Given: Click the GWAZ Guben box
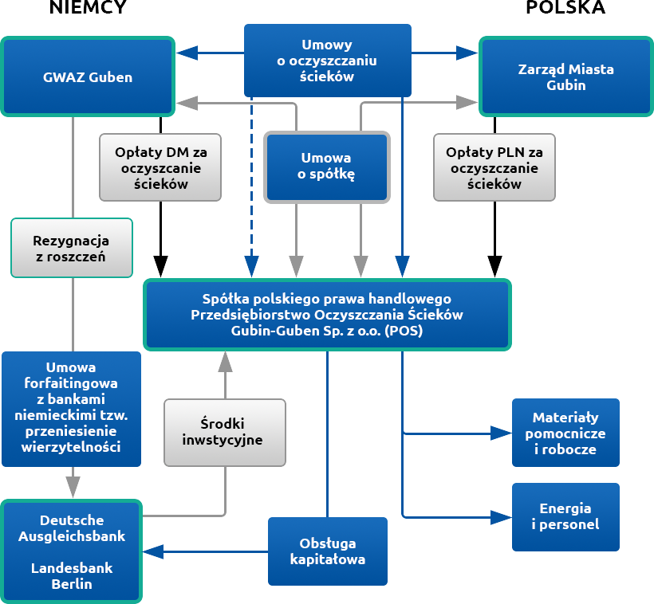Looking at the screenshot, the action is pyautogui.click(x=88, y=76).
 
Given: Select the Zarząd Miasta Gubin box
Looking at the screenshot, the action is pyautogui.click(x=566, y=76).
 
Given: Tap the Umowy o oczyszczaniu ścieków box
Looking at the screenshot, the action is pyautogui.click(x=328, y=61).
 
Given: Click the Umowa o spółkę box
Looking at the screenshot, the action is pyautogui.click(x=327, y=167).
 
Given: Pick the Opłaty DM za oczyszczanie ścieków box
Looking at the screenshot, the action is pyautogui.click(x=160, y=167).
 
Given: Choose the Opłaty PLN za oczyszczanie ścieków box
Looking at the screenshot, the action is pyautogui.click(x=494, y=167).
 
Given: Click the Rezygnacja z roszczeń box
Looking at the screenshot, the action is pyautogui.click(x=71, y=248).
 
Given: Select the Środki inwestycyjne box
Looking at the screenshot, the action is pyautogui.click(x=225, y=433).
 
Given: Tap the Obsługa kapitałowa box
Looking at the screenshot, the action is pyautogui.click(x=328, y=551).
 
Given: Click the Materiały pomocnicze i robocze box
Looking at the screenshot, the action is pyautogui.click(x=565, y=433).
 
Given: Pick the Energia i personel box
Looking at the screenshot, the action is pyautogui.click(x=565, y=517).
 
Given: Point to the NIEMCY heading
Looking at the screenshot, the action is pyautogui.click(x=88, y=7).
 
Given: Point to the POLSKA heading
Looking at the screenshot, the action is pyautogui.click(x=565, y=7).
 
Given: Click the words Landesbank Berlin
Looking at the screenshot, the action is pyautogui.click(x=72, y=575).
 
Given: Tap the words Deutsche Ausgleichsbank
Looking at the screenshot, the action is pyautogui.click(x=72, y=528).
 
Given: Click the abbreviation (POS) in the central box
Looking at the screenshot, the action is pyautogui.click(x=404, y=331).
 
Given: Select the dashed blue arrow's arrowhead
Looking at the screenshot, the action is pyautogui.click(x=251, y=267).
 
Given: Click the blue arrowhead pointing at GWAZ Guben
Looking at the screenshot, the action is pyautogui.click(x=187, y=53).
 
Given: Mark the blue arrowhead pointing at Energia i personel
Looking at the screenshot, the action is pyautogui.click(x=502, y=518).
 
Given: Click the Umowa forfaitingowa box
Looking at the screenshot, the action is pyautogui.click(x=71, y=409).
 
